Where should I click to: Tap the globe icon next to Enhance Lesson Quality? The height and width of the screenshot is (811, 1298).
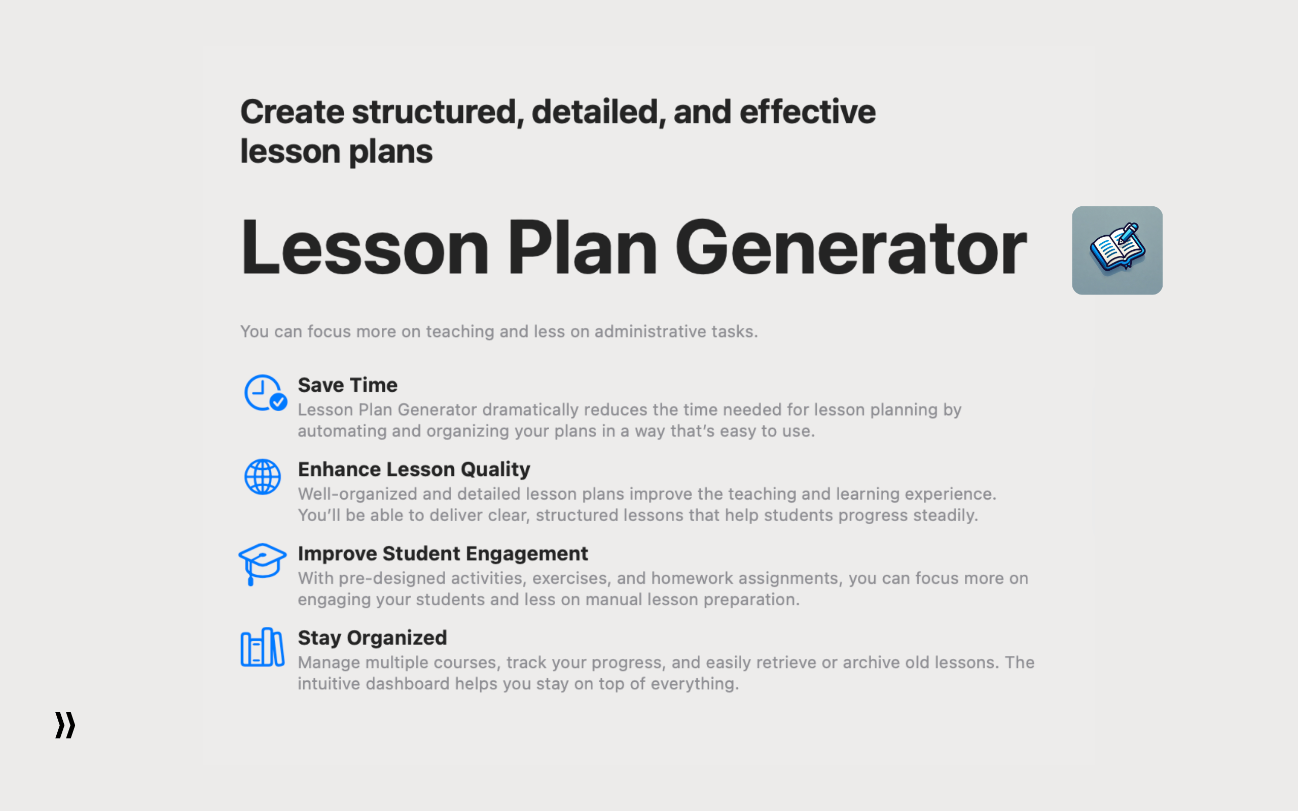262,476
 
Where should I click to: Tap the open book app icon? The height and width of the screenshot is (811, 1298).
1116,250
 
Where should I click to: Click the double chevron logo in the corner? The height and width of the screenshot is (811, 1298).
65,725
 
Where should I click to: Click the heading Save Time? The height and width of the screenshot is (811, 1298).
347,385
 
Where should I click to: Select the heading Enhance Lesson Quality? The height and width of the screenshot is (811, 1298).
414,469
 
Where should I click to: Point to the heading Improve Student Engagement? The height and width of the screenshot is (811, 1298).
443,554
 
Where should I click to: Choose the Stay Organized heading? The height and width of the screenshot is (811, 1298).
372,638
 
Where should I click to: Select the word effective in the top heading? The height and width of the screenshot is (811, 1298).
807,112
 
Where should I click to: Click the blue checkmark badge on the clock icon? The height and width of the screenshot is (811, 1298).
278,402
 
